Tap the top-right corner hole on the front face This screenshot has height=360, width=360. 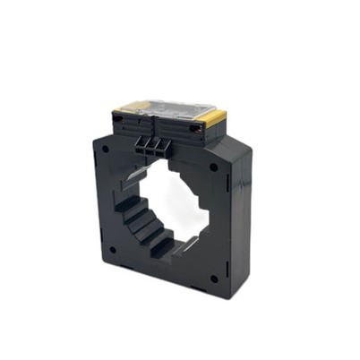[x=213, y=167]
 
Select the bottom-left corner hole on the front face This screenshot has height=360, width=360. [x=113, y=251]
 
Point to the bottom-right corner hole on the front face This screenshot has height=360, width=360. [x=214, y=279]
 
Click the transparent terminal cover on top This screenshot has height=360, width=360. [x=170, y=106]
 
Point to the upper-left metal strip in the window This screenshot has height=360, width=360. [x=132, y=179]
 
